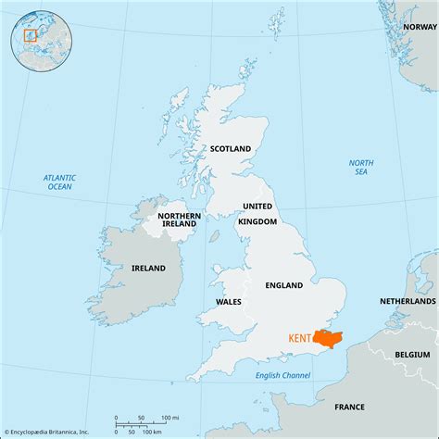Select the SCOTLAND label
coord(231,148)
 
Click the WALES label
coord(229,301)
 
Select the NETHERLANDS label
coord(408,302)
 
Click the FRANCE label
coord(349,406)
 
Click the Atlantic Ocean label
coord(59,182)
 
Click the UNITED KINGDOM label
coord(257,213)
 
